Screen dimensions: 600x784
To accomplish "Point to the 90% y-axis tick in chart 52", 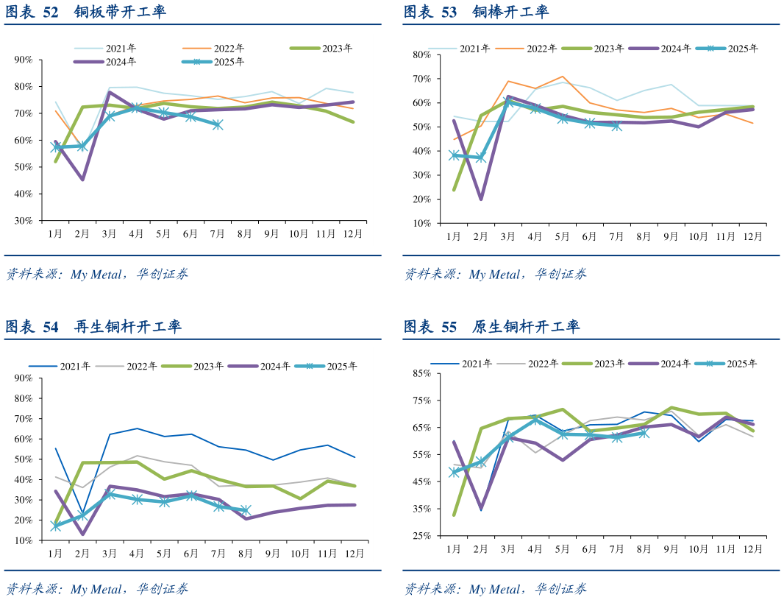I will pyautogui.click(x=23, y=60).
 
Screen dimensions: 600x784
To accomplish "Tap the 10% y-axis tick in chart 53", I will pyautogui.click(x=421, y=223).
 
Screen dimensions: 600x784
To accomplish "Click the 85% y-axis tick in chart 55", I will pyautogui.click(x=421, y=374).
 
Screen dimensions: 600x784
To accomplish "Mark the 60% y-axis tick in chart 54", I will pyautogui.click(x=23, y=439).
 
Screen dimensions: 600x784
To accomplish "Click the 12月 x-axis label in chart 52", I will pyautogui.click(x=354, y=234).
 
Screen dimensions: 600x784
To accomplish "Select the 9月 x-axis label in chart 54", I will pyautogui.click(x=272, y=553).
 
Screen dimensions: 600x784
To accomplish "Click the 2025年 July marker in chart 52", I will pyautogui.click(x=218, y=125).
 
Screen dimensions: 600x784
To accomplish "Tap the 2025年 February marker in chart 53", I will pyautogui.click(x=481, y=158).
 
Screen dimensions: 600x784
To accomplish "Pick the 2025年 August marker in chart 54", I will pyautogui.click(x=246, y=510).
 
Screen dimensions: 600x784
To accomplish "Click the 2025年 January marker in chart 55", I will pyautogui.click(x=454, y=472).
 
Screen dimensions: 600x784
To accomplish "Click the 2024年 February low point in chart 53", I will pyautogui.click(x=481, y=199).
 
